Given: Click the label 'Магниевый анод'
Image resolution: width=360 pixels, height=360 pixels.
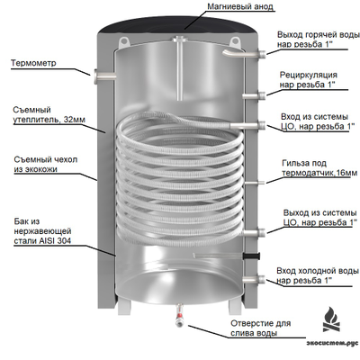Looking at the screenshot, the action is tap(241, 6).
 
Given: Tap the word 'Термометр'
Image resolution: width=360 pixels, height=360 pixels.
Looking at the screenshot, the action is tap(33, 63).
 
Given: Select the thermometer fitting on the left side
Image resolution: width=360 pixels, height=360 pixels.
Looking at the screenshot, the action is tap(104, 76).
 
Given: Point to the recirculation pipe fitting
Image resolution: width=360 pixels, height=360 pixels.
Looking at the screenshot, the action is tap(254, 96).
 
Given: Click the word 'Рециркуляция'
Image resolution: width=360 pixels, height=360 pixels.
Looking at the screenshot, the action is tap(309, 75).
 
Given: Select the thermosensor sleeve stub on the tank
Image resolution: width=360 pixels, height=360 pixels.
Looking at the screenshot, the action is tap(255, 182).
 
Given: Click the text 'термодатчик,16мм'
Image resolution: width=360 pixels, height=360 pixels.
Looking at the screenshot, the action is tap(319, 173).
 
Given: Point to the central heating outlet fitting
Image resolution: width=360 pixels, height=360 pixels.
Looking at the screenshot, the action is tap(254, 233).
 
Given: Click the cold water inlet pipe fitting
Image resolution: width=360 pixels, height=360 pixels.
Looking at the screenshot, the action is tap(254, 280).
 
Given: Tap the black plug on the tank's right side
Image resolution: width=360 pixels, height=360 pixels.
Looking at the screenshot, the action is tap(252, 256).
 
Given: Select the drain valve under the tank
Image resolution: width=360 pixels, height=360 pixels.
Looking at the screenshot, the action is tap(180, 316).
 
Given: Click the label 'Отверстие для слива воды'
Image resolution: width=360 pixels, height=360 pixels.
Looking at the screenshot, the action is tap(261, 328).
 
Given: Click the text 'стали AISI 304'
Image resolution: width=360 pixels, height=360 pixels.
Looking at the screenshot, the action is tap(42, 241).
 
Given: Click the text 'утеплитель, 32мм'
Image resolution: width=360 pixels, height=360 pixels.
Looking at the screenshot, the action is tap(49, 120).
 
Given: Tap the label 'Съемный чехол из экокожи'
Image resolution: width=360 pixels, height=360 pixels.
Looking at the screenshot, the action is tap(45, 164).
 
